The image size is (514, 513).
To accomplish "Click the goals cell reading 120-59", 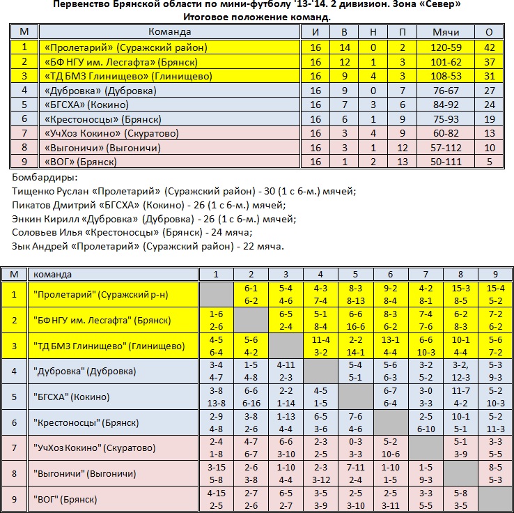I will point(446,47).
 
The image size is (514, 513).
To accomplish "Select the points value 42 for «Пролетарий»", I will point(489,47).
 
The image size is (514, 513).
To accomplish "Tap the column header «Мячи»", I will point(446,32).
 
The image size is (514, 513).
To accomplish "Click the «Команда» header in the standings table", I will point(170,32).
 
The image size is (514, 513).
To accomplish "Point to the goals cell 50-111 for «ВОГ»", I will point(446,162).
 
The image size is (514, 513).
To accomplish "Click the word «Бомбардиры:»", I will point(45,178).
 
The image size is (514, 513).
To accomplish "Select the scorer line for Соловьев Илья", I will point(132,232).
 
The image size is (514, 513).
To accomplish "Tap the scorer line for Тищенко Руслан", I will point(185,191).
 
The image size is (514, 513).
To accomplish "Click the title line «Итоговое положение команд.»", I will point(257,16).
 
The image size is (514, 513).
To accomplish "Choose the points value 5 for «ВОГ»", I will point(489,162).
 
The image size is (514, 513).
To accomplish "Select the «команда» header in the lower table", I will point(53,275).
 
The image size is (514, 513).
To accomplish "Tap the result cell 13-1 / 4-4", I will point(390,346).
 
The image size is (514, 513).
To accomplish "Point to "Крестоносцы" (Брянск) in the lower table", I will point(86,422).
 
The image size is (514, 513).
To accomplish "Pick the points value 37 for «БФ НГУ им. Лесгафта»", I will point(489,61).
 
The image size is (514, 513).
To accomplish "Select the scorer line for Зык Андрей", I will point(148,246).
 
